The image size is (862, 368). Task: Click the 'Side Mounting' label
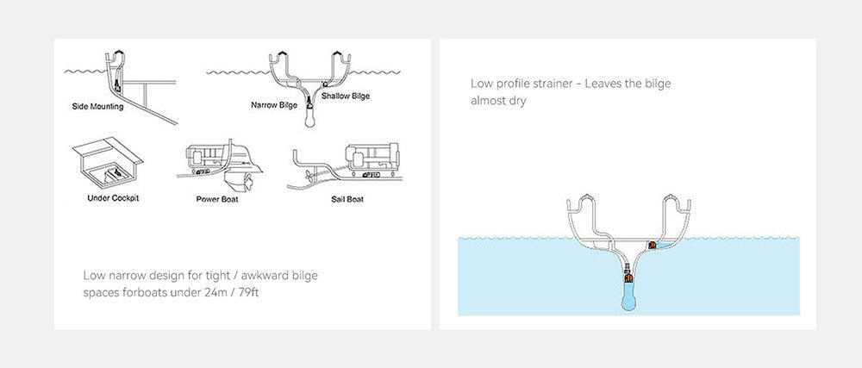tap(97, 106)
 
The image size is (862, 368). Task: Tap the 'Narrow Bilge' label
tap(274, 104)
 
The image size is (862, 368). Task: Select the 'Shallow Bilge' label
tap(346, 97)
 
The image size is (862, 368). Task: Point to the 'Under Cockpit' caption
tap(113, 198)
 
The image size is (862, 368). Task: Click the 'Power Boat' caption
tap(217, 199)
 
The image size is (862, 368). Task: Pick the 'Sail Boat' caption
tap(347, 199)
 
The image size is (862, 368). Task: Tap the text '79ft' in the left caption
tap(249, 292)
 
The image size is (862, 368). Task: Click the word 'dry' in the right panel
tap(517, 102)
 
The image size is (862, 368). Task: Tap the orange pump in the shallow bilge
tap(653, 245)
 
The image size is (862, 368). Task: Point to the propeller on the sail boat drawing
tap(309, 176)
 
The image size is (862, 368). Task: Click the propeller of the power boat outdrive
tap(247, 181)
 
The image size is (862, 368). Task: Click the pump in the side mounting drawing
tap(117, 85)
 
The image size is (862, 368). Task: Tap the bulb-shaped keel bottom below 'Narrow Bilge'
tap(310, 120)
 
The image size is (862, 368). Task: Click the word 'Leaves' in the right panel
tap(603, 84)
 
